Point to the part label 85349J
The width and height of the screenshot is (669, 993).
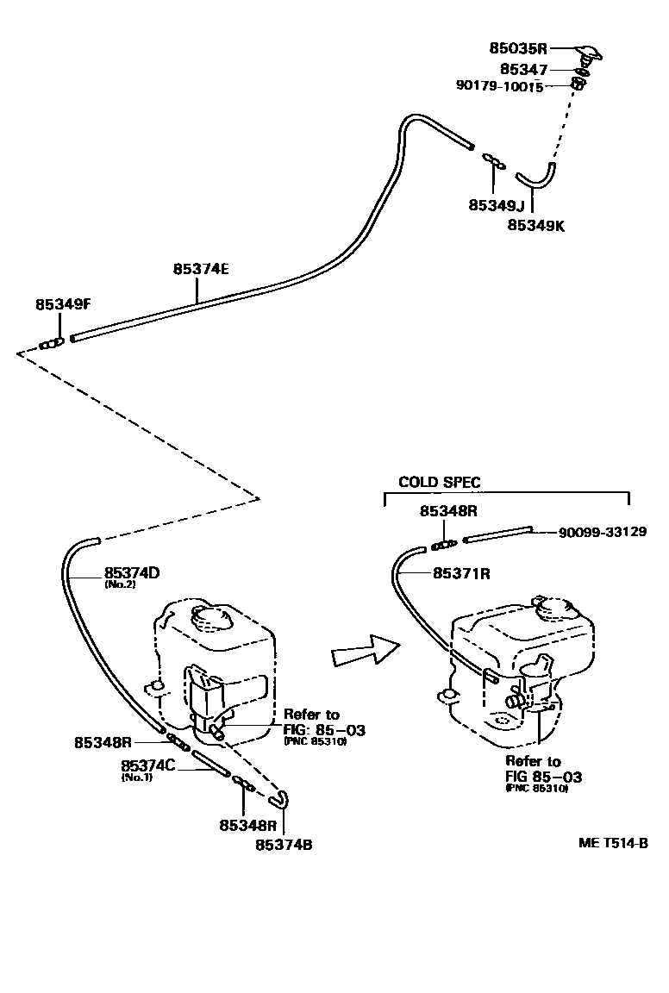click(x=497, y=205)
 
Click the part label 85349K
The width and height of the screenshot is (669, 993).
click(x=535, y=224)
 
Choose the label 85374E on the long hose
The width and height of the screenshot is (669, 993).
click(x=200, y=268)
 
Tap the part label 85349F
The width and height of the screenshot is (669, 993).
click(x=63, y=304)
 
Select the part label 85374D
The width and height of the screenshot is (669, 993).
click(x=132, y=571)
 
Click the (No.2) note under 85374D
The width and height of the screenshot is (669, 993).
click(x=119, y=584)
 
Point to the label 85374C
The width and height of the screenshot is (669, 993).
click(x=149, y=765)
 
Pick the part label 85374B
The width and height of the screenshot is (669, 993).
click(x=284, y=845)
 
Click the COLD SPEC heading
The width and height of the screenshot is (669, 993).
click(x=440, y=483)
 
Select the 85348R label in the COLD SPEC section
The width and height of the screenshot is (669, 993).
click(x=448, y=510)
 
